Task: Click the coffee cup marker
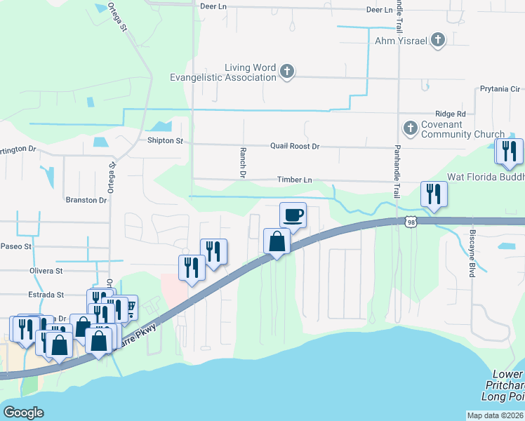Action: (x=293, y=215)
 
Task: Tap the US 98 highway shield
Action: (x=411, y=222)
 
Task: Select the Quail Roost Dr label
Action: (x=295, y=147)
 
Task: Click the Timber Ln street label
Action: (x=294, y=180)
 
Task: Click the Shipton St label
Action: (x=165, y=141)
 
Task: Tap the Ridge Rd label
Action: (x=451, y=114)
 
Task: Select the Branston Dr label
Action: (x=86, y=200)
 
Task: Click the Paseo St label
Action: (x=16, y=246)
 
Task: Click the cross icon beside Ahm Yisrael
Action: (x=437, y=41)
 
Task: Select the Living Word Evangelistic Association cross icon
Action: (x=286, y=71)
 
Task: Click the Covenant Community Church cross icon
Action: (x=410, y=128)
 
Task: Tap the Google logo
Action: (x=23, y=413)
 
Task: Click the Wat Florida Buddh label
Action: (x=484, y=179)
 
